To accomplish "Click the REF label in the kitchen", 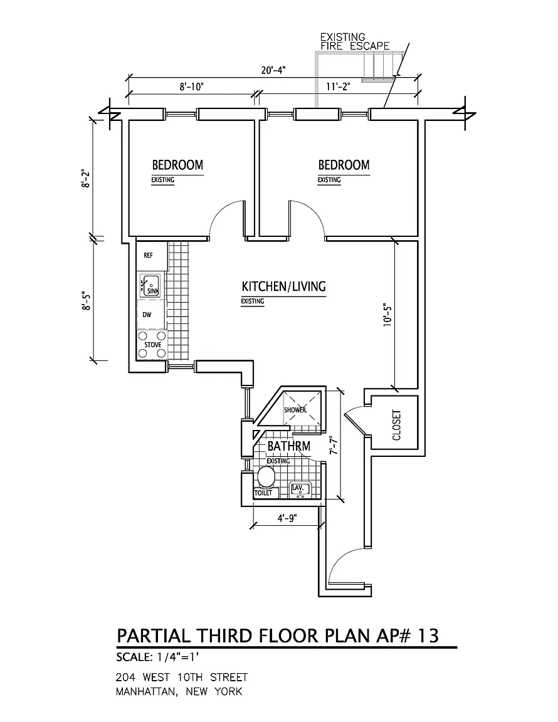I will click(x=149, y=256).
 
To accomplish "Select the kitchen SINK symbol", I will click(x=151, y=285).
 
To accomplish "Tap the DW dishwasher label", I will click(x=147, y=315).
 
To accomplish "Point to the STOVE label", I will click(x=153, y=345).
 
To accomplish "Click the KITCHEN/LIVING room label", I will click(x=284, y=286).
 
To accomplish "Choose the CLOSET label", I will click(x=396, y=426).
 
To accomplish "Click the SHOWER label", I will click(x=295, y=410).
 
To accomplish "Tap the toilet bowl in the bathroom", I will click(x=266, y=479).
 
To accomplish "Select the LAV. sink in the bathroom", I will click(x=299, y=489).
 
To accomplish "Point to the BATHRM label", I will click(x=288, y=447).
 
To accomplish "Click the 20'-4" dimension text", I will click(x=273, y=70).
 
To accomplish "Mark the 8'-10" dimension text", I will click(x=192, y=87).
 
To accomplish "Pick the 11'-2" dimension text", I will click(x=338, y=87).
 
